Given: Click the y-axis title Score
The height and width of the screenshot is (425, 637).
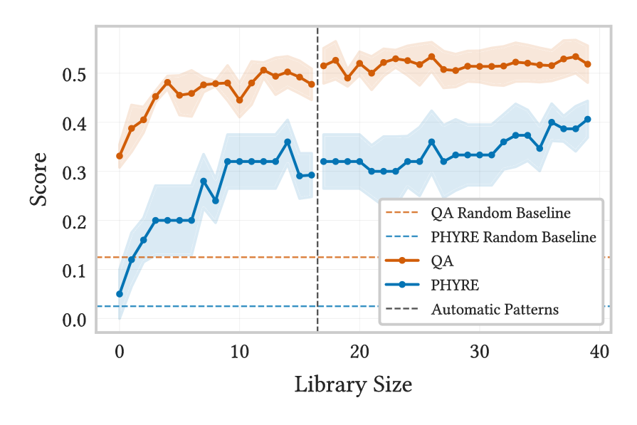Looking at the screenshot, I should (x=38, y=179).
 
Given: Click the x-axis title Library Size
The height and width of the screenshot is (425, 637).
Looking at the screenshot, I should (x=353, y=384).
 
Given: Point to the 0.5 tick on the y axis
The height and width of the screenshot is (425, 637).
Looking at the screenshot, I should (x=74, y=75).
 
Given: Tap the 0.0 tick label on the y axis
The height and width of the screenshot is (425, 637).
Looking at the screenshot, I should (x=74, y=320).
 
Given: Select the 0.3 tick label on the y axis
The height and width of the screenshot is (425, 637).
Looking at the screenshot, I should (x=74, y=173).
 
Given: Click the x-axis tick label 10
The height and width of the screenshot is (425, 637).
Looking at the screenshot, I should (x=239, y=351).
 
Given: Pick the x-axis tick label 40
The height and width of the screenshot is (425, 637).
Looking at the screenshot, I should (x=600, y=351).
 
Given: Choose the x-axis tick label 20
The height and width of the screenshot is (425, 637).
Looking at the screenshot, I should (x=359, y=351).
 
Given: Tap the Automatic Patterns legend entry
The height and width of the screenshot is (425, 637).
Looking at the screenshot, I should (x=495, y=310).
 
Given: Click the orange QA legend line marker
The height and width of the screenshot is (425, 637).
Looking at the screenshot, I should (x=403, y=261).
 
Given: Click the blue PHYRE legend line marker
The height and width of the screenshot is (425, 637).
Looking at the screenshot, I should (x=403, y=285).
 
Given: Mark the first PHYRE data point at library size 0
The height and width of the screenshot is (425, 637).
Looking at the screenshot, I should (x=120, y=294).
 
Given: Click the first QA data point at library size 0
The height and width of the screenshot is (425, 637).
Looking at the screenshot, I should (x=120, y=156).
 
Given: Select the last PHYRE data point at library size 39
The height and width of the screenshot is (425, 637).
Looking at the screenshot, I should (x=588, y=120).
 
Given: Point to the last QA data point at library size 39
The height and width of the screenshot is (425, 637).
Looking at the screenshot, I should (x=588, y=64).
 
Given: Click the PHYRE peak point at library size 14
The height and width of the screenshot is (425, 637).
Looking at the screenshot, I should (x=288, y=142).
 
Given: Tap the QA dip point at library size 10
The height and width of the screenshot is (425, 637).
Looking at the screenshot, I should (x=240, y=100).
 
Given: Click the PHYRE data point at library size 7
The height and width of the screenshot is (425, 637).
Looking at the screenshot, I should (x=204, y=182).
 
